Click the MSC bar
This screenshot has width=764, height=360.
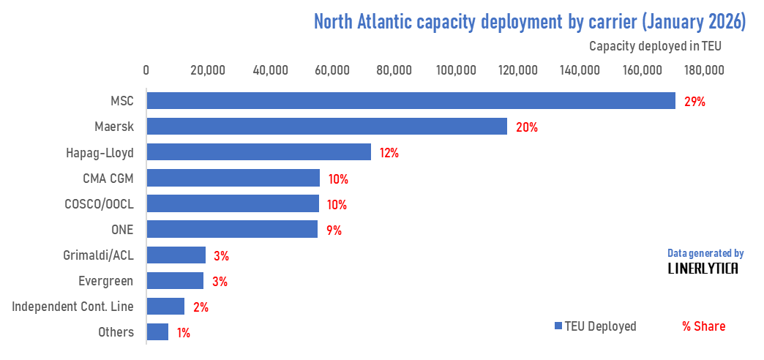pos(410,100)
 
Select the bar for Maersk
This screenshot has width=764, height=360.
pos(326,127)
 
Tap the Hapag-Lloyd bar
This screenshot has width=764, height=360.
pos(258,152)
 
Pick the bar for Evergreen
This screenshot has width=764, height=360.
pos(175,281)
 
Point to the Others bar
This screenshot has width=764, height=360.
pos(157,332)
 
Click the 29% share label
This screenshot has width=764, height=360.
pos(694,102)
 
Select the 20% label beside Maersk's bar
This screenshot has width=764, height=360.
pos(527,127)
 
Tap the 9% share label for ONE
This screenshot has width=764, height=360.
pos(334,230)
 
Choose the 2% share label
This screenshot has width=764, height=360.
pos(200,307)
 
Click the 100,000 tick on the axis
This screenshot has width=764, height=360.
pos(456,70)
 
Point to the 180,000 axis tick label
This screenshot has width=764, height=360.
pos(704,70)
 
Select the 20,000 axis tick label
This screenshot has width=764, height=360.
pos(207,70)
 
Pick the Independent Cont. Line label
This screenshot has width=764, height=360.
pos(73,307)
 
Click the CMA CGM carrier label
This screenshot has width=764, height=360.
pos(108,178)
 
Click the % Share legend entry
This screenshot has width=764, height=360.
pos(703,326)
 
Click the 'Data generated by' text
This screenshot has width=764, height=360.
pos(705,253)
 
